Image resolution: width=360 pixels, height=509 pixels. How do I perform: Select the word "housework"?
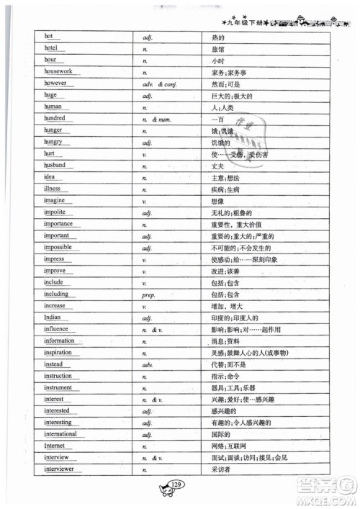58,72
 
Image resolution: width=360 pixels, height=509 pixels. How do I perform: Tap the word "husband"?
55,165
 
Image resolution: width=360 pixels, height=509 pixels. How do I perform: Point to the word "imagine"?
55,199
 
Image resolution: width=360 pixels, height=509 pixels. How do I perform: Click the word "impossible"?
58,247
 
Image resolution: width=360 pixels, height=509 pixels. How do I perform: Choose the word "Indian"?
53,317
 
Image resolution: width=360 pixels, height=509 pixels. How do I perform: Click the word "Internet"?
55,446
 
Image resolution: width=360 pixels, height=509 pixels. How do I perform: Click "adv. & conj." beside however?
161,84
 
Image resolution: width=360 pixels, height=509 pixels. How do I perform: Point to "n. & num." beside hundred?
155,118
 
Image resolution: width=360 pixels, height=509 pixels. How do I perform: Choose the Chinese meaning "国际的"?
220,435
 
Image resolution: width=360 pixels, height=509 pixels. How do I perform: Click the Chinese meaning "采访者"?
220,469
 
